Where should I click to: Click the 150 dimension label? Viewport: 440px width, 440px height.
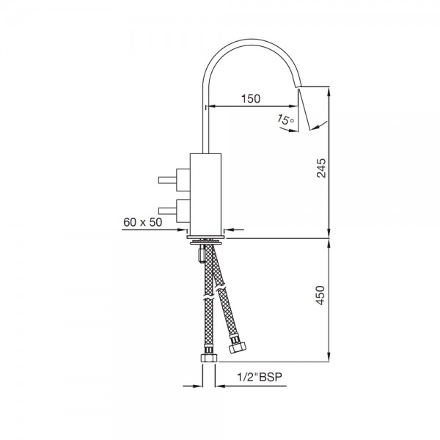pyautogui.click(x=251, y=98)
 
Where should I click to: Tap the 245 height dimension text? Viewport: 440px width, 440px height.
pyautogui.click(x=321, y=168)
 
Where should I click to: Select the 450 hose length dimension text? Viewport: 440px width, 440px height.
pyautogui.click(x=320, y=296)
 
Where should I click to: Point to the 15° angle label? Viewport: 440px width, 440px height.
pyautogui.click(x=286, y=120)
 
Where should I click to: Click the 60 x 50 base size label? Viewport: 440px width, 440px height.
pyautogui.click(x=142, y=222)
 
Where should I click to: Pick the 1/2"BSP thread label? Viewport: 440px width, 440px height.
pyautogui.click(x=260, y=377)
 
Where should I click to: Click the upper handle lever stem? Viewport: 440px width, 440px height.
pyautogui.click(x=167, y=180)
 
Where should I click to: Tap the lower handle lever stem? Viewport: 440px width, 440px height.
pyautogui.click(x=167, y=210)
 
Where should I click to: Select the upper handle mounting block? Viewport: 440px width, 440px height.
pyautogui.click(x=183, y=180)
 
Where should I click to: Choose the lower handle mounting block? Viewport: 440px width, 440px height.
pyautogui.click(x=183, y=211)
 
